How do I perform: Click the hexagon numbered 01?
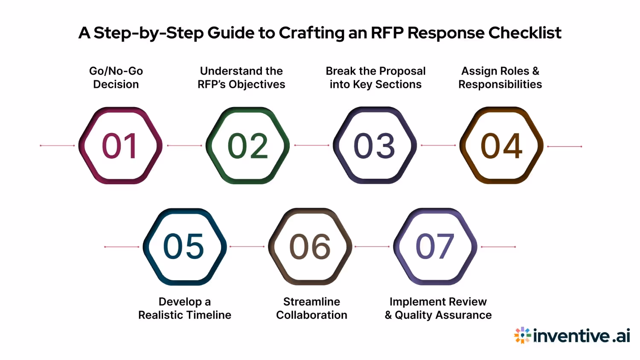coord(120,145)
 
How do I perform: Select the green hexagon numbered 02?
coord(247,145)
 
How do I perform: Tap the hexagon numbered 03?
coord(375,145)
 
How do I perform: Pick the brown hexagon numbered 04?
coord(501,145)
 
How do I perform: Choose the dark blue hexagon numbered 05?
coord(184,247)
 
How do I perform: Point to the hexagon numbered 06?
coord(310,247)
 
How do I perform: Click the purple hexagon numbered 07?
coord(435,247)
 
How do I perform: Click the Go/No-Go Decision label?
coord(116,78)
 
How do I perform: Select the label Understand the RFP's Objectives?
coord(241,78)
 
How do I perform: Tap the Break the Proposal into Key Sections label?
coord(375,78)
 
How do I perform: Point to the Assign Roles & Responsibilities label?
coord(500,78)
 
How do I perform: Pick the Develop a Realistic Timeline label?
coord(185,308)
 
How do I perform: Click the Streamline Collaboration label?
coord(312,308)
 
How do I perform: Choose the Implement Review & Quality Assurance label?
coord(438,308)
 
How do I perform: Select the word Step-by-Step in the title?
coord(148,33)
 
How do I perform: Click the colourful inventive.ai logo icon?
coord(522,335)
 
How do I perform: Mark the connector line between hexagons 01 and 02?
coord(184,145)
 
